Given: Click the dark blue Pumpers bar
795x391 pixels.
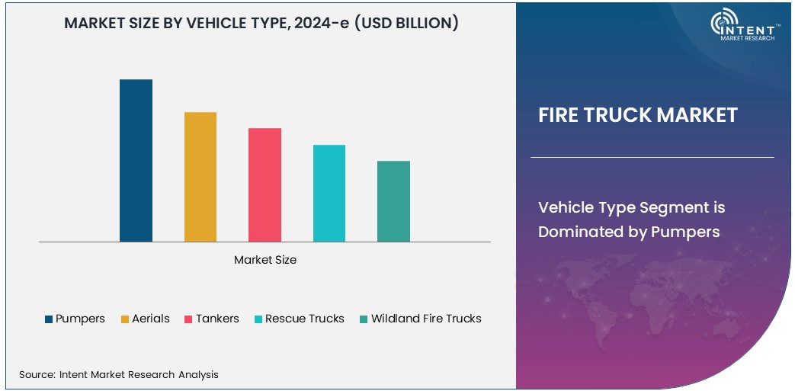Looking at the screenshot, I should point(136,161).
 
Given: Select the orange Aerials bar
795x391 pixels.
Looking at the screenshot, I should point(200,177).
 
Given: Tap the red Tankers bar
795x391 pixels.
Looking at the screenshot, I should point(264,185).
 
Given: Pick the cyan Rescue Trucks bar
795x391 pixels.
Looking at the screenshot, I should point(329,194).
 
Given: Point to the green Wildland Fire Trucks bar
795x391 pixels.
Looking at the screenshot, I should point(393,201).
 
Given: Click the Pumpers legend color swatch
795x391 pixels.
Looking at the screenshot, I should point(50,319).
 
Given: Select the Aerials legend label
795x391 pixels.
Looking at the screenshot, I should point(151,319).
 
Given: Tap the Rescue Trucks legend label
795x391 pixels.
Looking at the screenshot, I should point(305,319).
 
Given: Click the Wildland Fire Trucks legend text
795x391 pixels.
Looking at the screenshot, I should point(426,319).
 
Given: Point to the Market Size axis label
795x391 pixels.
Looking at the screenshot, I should point(265,260).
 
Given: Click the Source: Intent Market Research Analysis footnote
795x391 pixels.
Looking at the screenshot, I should point(119,374).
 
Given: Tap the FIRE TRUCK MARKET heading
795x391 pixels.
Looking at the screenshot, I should point(638,115).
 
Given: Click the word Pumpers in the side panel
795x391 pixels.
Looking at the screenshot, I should point(685,232).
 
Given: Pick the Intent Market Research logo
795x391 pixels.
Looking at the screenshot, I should point(742,27).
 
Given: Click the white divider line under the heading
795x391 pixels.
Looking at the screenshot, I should point(652,158).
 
